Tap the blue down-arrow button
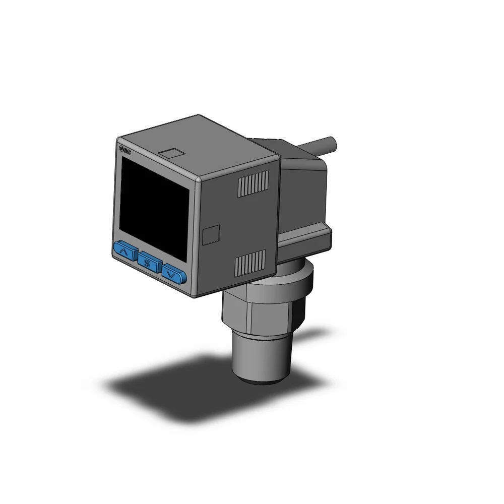coord(174,274)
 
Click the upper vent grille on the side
coord(253,184)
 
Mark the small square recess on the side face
coord(211,234)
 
